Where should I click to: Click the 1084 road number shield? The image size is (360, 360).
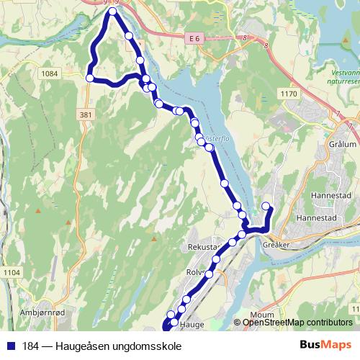pyautogui.click(x=50, y=73)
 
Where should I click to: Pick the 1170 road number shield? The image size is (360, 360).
pyautogui.click(x=289, y=94)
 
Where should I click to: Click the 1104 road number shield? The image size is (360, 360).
pyautogui.click(x=11, y=271)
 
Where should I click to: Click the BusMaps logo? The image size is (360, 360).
pyautogui.click(x=326, y=344)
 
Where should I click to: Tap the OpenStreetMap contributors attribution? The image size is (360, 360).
pyautogui.click(x=297, y=323)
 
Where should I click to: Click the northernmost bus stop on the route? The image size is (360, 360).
pyautogui.click(x=113, y=11)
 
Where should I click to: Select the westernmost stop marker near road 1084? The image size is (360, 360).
pyautogui.click(x=90, y=78)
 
